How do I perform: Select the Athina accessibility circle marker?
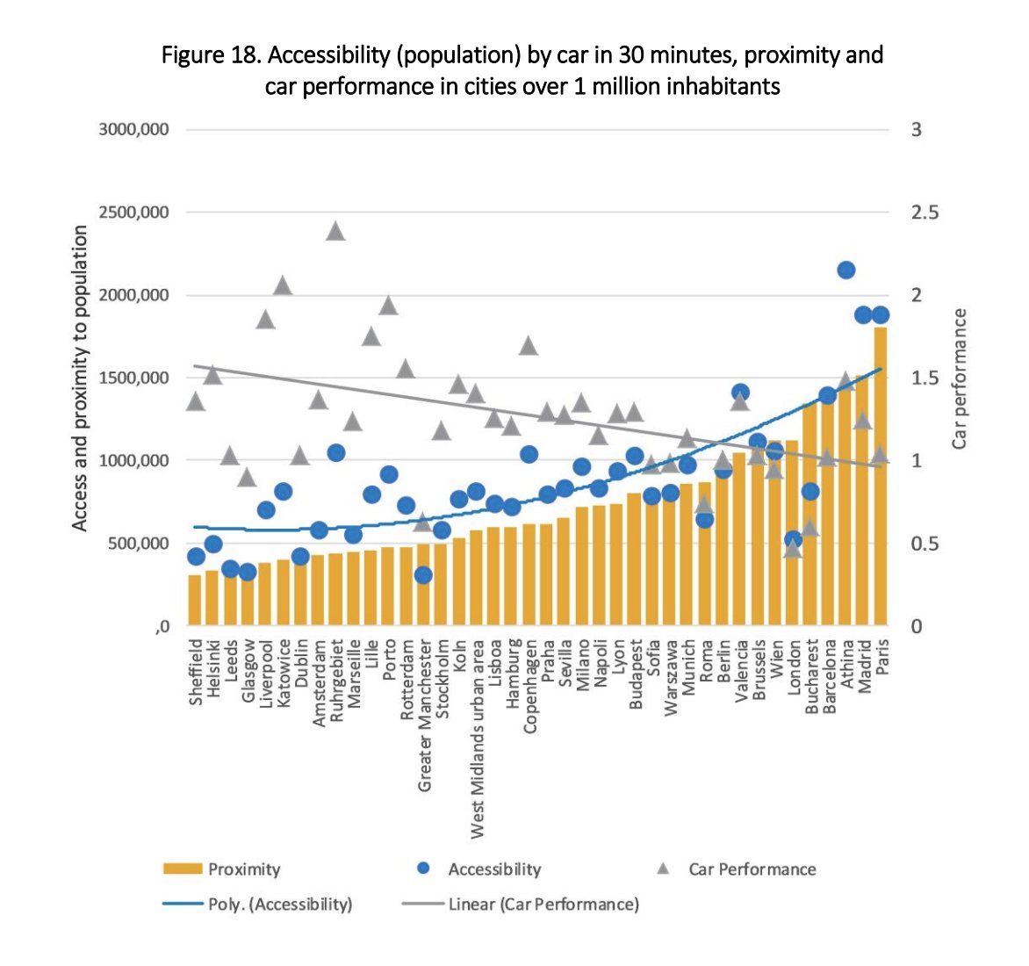pos(846,270)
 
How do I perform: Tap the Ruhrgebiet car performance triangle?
pos(335,232)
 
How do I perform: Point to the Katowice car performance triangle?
pos(283,285)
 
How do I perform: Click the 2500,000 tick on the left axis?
pos(133,213)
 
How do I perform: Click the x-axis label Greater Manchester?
pos(425,717)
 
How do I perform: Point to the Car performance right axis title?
pos(960,378)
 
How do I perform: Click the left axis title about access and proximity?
pos(80,378)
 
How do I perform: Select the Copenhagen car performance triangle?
pos(529,346)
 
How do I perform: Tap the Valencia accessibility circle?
pos(740,393)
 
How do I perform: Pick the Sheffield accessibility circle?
pos(196,557)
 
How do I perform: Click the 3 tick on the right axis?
pos(917,130)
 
